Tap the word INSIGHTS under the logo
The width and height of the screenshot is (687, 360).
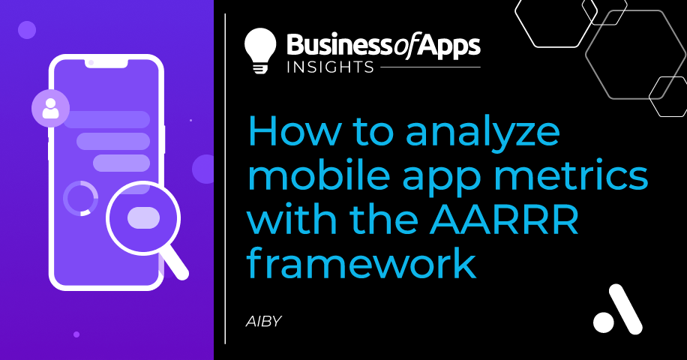click(x=330, y=67)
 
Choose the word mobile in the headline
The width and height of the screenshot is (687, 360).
click(x=319, y=175)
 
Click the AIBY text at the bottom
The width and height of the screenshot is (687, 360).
click(x=263, y=322)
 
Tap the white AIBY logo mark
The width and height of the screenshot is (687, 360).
click(x=618, y=309)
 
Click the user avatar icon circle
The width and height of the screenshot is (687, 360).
click(x=50, y=108)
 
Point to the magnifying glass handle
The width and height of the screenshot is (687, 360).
click(x=175, y=264)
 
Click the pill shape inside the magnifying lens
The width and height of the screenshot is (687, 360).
click(x=143, y=217)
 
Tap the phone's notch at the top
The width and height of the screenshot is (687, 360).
click(x=106, y=63)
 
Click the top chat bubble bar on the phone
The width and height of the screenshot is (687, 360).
click(x=106, y=119)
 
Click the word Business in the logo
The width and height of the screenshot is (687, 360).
click(x=340, y=46)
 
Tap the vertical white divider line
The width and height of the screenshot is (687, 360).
click(x=225, y=178)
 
